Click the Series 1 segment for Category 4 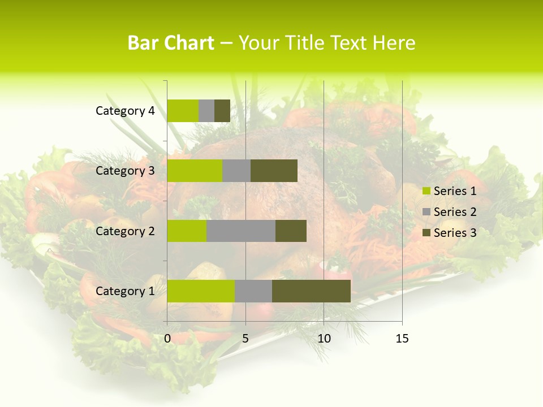(x=183, y=111)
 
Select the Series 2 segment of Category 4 (x=206, y=111)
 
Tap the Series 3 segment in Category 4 (x=222, y=111)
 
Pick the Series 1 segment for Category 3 (x=195, y=171)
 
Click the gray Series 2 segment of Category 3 (x=236, y=171)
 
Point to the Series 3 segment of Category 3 (x=274, y=171)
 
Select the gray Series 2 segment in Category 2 (x=241, y=231)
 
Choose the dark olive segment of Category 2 (x=291, y=231)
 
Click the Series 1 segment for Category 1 (x=201, y=291)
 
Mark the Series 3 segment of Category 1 (x=311, y=291)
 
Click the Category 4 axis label (x=125, y=111)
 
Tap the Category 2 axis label (x=125, y=231)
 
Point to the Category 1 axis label (x=125, y=291)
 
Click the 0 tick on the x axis (x=167, y=339)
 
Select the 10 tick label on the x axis (x=324, y=339)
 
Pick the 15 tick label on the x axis (x=402, y=339)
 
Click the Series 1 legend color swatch (x=426, y=191)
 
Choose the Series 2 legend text (x=455, y=212)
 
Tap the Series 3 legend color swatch (x=426, y=233)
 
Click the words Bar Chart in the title (x=171, y=43)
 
